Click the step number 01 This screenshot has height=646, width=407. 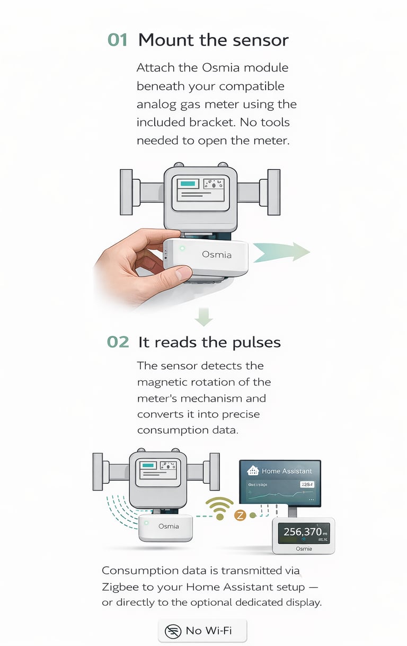point(118,40)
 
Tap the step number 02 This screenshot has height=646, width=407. point(118,342)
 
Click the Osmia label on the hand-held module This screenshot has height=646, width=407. point(217,255)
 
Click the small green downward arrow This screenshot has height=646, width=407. point(203,317)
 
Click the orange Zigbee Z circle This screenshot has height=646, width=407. point(240,514)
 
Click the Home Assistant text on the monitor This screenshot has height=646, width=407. point(287,470)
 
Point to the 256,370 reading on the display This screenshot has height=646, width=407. point(302,531)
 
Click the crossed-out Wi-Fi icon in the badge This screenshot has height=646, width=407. point(173,631)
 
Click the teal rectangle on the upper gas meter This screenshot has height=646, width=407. point(187,184)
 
